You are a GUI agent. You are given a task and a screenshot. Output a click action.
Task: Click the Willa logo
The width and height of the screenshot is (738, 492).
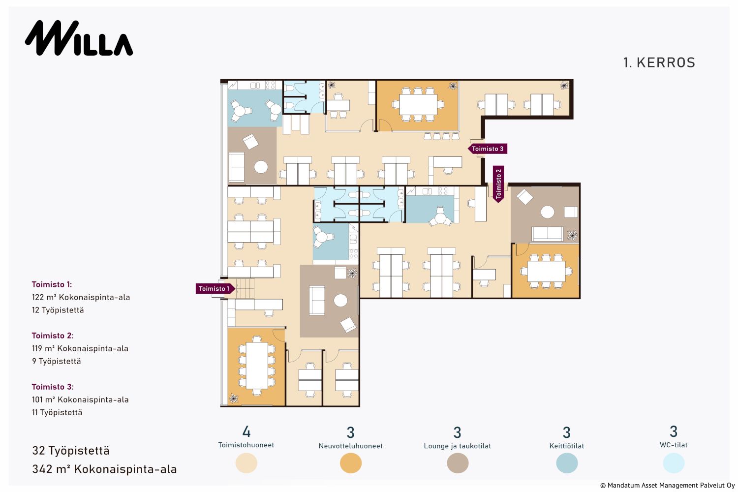coord(79,38)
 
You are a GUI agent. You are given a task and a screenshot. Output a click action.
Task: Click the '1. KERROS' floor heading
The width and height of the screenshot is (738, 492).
coord(659,62)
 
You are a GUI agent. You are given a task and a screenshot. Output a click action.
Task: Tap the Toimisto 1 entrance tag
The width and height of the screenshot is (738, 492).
coord(215,289)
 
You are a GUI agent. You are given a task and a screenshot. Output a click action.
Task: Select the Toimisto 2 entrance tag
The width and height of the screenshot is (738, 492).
coord(498,184)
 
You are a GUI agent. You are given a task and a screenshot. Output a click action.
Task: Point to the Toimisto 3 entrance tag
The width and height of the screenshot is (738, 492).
coord(488,149)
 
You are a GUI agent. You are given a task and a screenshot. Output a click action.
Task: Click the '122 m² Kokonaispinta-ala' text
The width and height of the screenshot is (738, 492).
coord(81,297)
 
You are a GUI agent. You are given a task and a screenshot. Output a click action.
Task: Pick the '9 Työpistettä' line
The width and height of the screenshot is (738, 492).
coord(57,361)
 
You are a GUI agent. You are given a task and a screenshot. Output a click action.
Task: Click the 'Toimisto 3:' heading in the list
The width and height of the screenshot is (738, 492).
coord(53,387)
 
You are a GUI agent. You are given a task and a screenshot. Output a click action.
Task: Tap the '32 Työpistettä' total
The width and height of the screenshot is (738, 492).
coord(71,451)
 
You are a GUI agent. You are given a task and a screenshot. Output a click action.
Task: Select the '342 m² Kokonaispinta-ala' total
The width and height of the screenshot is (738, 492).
coord(104,469)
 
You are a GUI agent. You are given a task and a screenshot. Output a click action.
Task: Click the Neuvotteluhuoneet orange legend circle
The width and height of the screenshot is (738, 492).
coord(350,463)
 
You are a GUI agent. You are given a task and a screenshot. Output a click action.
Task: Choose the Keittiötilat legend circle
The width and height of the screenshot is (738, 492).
coord(567,463)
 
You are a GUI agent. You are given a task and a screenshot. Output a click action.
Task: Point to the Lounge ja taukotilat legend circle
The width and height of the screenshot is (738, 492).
coord(458,463)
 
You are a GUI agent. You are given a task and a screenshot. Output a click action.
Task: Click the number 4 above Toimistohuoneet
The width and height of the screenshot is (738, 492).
coord(246,431)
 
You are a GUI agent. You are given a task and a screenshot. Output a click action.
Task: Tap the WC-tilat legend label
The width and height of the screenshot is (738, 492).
coord(674,445)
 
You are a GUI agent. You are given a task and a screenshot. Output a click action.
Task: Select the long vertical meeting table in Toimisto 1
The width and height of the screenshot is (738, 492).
coord(257,366)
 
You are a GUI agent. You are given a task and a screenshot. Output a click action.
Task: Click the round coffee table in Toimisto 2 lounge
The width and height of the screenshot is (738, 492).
coord(548,212)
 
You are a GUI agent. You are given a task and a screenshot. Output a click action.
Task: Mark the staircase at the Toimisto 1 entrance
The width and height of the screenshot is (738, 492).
coord(245,288)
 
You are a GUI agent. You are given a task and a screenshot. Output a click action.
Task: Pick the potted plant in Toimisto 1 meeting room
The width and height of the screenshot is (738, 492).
coord(234,399)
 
